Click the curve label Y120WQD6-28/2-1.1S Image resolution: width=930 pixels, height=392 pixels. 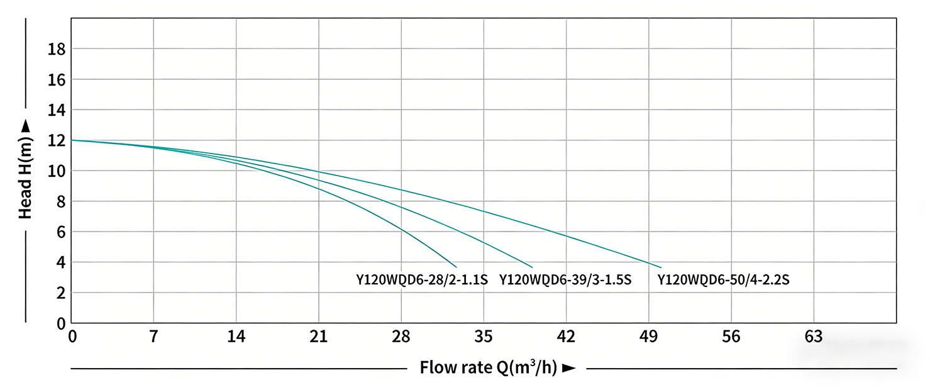(422, 280)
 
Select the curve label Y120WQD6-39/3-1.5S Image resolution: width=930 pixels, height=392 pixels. (565, 280)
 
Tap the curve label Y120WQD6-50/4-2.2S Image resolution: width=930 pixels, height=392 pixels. (724, 280)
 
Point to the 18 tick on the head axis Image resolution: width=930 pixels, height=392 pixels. (57, 49)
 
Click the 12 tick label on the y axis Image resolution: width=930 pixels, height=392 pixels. (57, 140)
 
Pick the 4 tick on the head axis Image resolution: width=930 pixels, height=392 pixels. (61, 262)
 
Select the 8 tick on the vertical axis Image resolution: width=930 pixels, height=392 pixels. (61, 201)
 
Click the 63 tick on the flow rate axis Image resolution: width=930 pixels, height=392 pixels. (814, 337)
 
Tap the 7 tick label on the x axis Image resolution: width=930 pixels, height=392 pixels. (153, 337)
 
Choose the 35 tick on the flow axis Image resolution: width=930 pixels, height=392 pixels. (484, 337)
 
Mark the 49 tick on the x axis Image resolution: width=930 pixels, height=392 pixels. (649, 337)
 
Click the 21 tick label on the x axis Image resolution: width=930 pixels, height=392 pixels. (319, 337)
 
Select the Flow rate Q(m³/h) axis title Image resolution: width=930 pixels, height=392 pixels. (497, 367)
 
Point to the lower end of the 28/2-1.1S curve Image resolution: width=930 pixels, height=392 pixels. (457, 267)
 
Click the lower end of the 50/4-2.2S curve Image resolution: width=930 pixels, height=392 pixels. (662, 267)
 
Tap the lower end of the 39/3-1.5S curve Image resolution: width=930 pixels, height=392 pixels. (533, 267)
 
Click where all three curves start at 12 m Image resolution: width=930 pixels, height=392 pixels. (72, 140)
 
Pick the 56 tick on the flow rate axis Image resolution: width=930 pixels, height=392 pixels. (731, 337)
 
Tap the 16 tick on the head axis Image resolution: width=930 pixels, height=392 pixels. (57, 79)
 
